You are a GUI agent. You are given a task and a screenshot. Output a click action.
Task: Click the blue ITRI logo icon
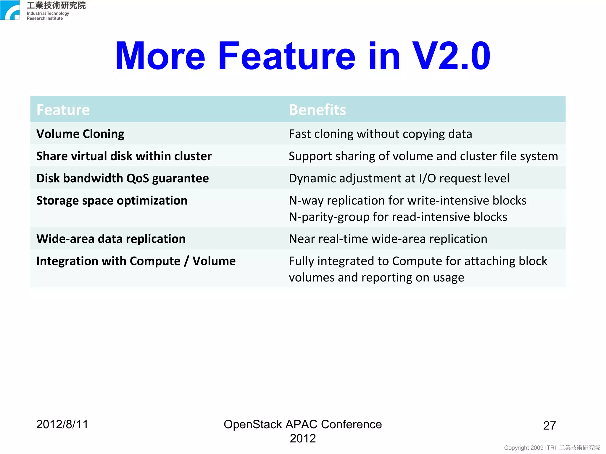[10, 10]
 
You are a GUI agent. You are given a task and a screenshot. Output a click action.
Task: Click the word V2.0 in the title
[451, 56]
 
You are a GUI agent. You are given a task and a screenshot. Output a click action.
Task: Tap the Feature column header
[63, 110]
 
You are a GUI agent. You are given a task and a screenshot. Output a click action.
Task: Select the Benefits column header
[317, 110]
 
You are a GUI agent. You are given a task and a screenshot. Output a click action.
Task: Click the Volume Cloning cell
[80, 134]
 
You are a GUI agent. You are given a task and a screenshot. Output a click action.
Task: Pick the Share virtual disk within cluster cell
[124, 156]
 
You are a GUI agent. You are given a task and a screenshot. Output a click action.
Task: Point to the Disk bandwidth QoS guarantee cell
[123, 178]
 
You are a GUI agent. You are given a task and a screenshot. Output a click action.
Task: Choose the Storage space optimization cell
[112, 201]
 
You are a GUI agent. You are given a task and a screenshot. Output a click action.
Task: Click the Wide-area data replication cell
[111, 239]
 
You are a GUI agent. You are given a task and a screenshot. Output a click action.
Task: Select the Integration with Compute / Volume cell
[136, 261]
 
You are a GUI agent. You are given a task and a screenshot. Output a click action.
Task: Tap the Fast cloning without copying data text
[380, 134]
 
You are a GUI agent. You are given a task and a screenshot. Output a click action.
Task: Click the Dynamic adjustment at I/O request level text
[399, 178]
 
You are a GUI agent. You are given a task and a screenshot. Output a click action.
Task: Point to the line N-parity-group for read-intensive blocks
[398, 217]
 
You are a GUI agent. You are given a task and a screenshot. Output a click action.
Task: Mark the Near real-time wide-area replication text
[388, 239]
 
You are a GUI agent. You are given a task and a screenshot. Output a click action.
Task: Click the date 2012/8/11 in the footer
[62, 424]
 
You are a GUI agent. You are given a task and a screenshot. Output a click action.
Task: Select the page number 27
[549, 426]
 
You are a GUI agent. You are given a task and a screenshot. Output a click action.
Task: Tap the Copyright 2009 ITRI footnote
[552, 447]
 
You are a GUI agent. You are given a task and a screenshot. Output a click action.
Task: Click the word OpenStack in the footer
[253, 424]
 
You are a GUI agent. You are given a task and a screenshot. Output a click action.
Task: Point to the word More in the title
[160, 56]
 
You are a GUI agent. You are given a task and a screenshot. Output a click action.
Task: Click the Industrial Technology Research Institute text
[48, 16]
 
